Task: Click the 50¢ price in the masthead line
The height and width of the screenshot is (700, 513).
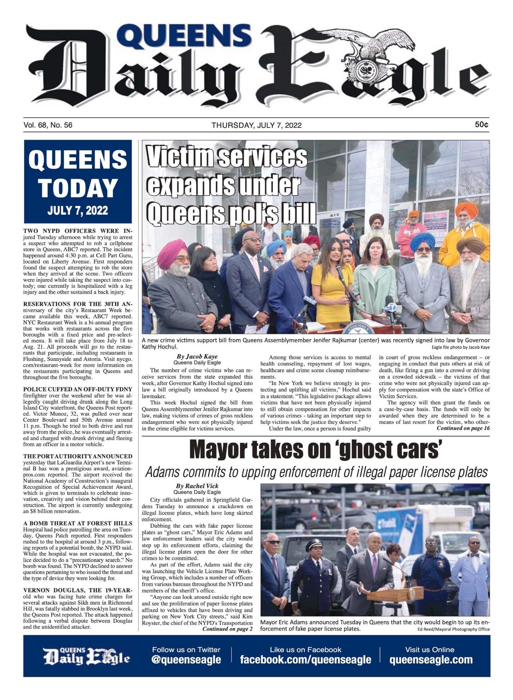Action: pos(481,125)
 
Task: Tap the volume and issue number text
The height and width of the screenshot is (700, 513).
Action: pos(48,125)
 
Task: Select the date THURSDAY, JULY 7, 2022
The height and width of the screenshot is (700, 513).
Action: pos(256,125)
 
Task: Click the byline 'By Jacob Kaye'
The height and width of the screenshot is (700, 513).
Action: pos(197,356)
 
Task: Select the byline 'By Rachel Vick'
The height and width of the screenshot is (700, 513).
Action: pos(197,486)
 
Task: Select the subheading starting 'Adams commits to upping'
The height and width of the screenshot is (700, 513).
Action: pos(316,472)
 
